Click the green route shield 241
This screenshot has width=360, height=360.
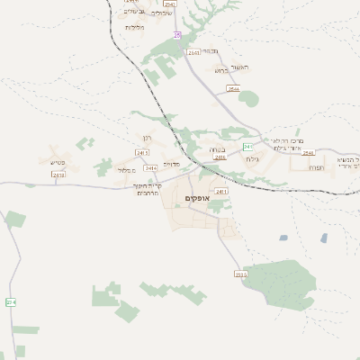[247, 146]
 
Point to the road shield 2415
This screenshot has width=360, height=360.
[220, 157]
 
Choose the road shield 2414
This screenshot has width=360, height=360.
[149, 167]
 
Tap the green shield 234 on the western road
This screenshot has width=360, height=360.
[11, 302]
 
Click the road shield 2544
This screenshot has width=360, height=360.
[234, 89]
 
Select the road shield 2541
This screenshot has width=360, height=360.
[193, 53]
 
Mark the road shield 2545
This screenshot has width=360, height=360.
[309, 153]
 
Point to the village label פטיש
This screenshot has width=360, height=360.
[56, 162]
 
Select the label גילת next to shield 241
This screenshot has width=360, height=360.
[252, 158]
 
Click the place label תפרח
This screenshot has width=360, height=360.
[312, 168]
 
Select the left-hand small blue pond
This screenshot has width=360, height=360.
[283, 238]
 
